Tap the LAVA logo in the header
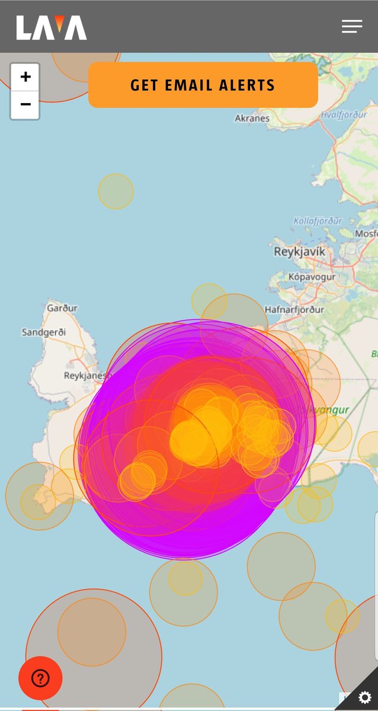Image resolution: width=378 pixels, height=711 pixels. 52,27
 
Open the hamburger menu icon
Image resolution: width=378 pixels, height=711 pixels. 352,27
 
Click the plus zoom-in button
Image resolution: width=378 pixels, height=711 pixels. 25,77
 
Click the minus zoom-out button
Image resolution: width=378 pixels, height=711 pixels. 25,105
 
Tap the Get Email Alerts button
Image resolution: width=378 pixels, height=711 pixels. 203,85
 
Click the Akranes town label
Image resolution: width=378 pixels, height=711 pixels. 252,118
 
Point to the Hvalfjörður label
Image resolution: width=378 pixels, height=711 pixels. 344,115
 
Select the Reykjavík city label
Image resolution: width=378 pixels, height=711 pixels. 299,252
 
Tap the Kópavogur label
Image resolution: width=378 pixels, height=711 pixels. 312,277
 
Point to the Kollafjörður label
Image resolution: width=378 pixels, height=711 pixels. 318,221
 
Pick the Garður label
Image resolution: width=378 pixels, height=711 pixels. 62,308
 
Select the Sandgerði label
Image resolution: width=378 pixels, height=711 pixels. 44,332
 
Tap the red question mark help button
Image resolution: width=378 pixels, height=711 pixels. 40,678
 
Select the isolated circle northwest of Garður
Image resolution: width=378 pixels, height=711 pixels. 116,191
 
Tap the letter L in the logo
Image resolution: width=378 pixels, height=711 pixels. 23,28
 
